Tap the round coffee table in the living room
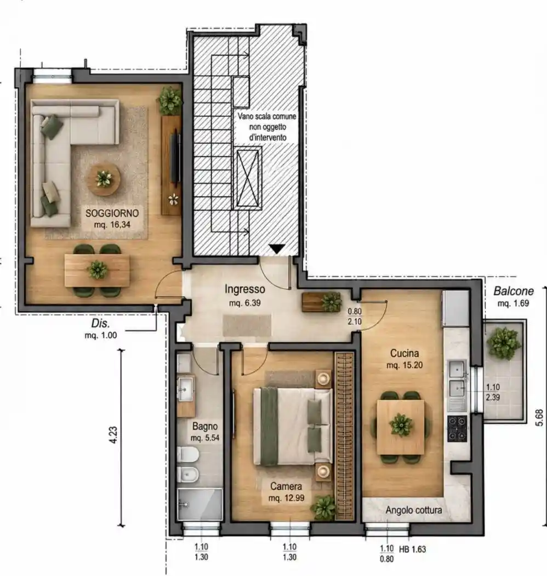(104, 179)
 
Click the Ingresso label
(245, 289)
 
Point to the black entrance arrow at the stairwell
(277, 249)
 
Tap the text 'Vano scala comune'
(266, 116)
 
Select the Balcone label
(514, 291)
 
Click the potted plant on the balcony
(504, 343)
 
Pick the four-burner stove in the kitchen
(457, 428)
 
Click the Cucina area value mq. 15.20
(404, 365)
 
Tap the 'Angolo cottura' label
(414, 510)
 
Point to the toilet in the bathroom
(188, 454)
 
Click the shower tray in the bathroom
(200, 504)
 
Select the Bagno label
(205, 426)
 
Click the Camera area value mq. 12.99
(286, 498)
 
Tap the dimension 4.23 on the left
(113, 435)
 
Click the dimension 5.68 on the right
(539, 417)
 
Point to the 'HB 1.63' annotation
(412, 549)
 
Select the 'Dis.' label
(101, 324)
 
